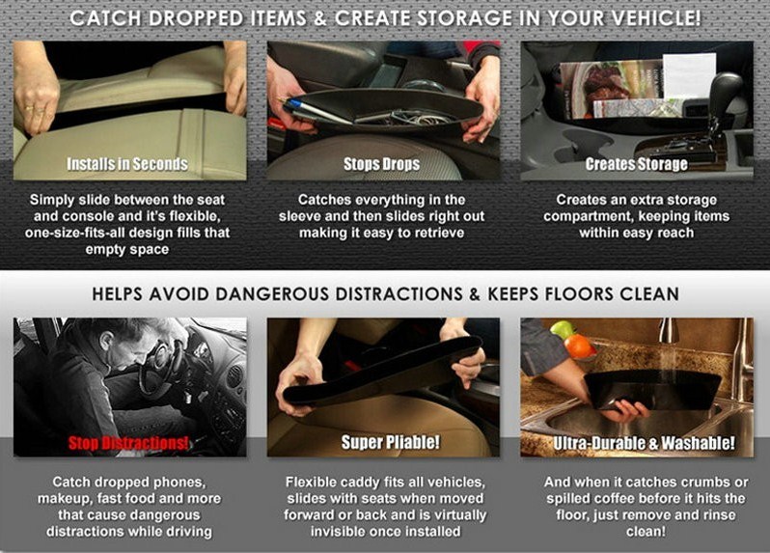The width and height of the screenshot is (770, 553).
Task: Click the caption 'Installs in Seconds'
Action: [x=127, y=164]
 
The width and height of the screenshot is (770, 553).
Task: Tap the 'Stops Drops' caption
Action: [x=381, y=164]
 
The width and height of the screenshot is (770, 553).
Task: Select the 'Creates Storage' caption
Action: [x=636, y=164]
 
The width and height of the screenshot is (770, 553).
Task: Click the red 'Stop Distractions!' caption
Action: [x=128, y=443]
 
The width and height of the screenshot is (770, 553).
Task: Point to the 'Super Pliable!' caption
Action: [x=391, y=443]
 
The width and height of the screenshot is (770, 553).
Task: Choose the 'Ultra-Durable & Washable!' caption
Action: [x=644, y=443]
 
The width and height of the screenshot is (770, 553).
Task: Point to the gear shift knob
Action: [x=726, y=89]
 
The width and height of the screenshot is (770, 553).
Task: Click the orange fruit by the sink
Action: [x=579, y=346]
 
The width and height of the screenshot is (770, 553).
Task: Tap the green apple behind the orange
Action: [x=563, y=329]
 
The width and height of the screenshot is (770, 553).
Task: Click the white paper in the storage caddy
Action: [x=689, y=75]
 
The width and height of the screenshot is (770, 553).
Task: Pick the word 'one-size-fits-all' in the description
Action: [x=85, y=233]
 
